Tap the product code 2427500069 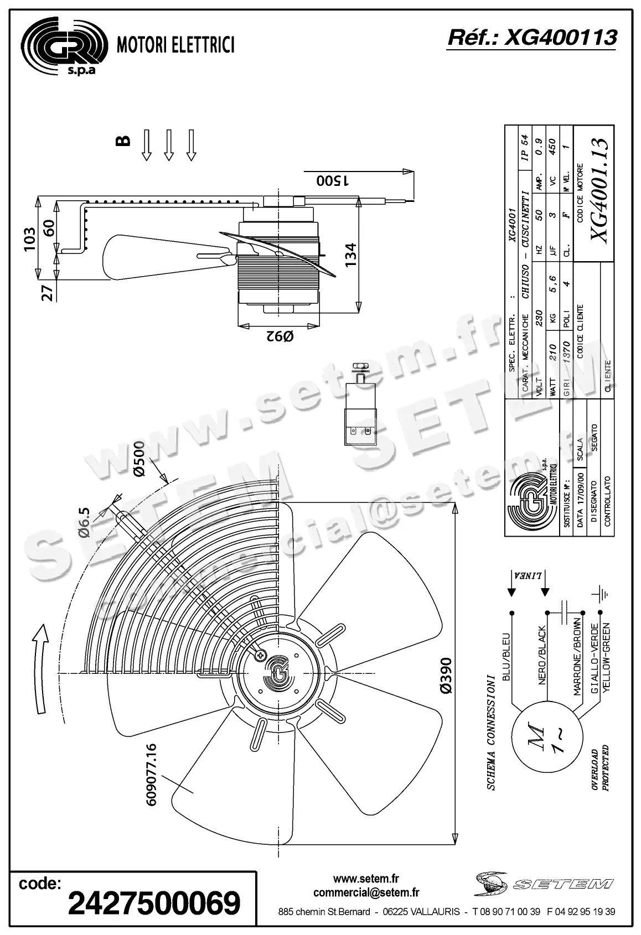pyautogui.click(x=153, y=902)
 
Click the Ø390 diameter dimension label pyautogui.click(x=446, y=674)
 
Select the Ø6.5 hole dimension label pyautogui.click(x=84, y=522)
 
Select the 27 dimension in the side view pyautogui.click(x=49, y=292)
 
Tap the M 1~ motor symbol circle pyautogui.click(x=545, y=739)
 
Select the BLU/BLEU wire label pyautogui.click(x=506, y=657)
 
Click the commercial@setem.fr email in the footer pyautogui.click(x=366, y=892)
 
